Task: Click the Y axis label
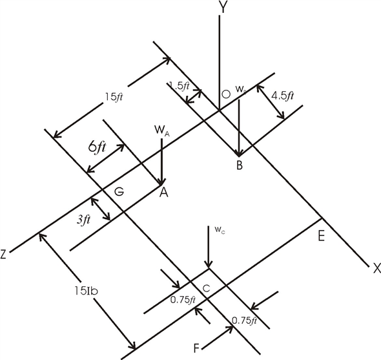click(222, 8)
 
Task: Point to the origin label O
click(226, 95)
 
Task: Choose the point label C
click(207, 289)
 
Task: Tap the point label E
click(321, 236)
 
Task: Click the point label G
click(119, 192)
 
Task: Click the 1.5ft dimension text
click(179, 85)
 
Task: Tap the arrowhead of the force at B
click(240, 153)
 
